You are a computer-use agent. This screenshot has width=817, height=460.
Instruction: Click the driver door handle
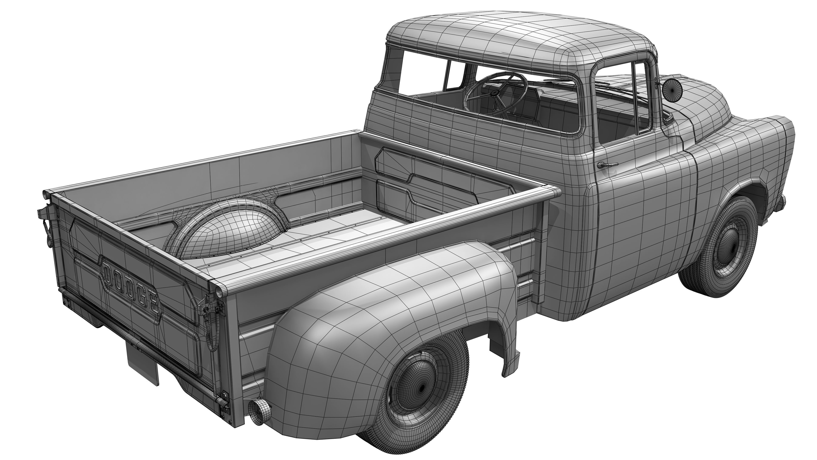pos(606,165)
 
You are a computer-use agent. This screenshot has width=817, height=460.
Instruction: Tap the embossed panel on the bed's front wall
pos(444,184)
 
